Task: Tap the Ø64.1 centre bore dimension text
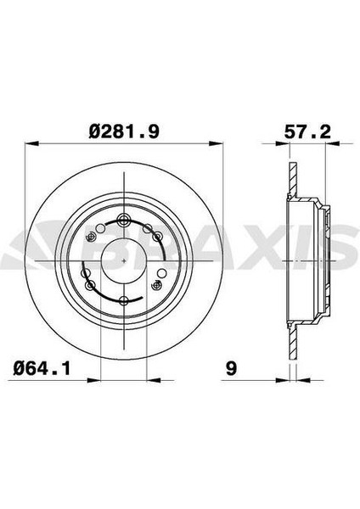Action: pyautogui.click(x=40, y=367)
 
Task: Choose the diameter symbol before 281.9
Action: pyautogui.click(x=95, y=131)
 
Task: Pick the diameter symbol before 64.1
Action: pyautogui.click(x=19, y=367)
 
